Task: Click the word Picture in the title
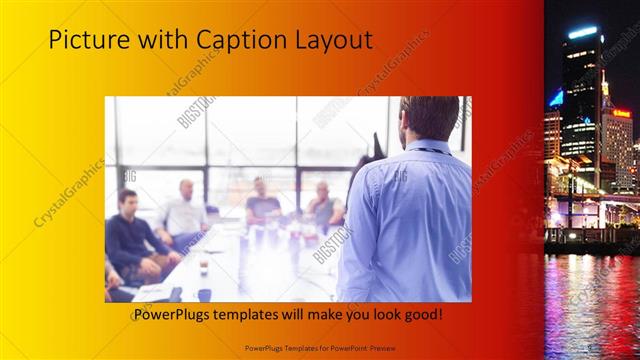(x=85, y=40)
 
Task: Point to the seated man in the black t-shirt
(x=263, y=204)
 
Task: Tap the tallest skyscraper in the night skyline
(x=580, y=100)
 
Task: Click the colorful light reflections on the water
(x=590, y=300)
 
